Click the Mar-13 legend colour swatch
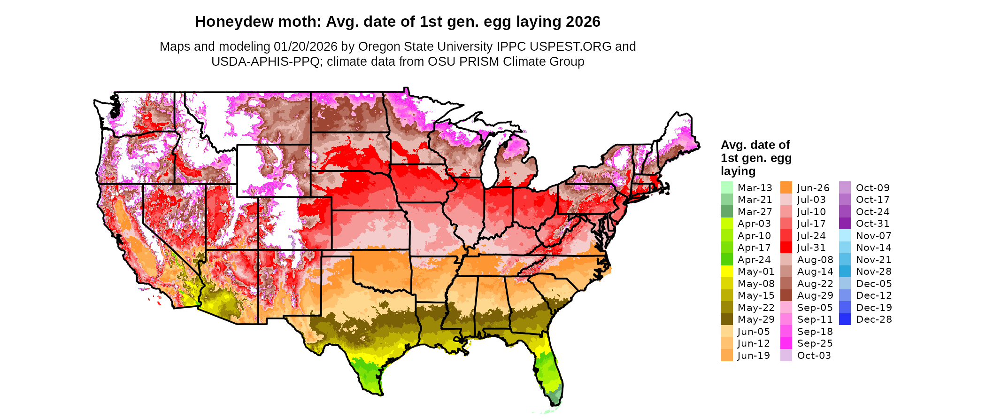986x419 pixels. point(726,188)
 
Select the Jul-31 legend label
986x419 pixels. point(811,248)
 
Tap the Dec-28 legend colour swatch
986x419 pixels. point(845,319)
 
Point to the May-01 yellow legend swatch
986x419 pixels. point(726,272)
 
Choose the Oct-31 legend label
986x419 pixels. point(872,224)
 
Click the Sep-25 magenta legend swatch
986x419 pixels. point(786,343)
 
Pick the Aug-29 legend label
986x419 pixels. point(815,295)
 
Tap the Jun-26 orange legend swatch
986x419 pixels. point(786,188)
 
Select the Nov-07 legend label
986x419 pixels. point(873,236)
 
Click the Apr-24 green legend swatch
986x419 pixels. point(726,260)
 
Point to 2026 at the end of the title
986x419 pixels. point(583,22)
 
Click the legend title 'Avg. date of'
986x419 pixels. point(755,145)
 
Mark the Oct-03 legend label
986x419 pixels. point(814,356)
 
